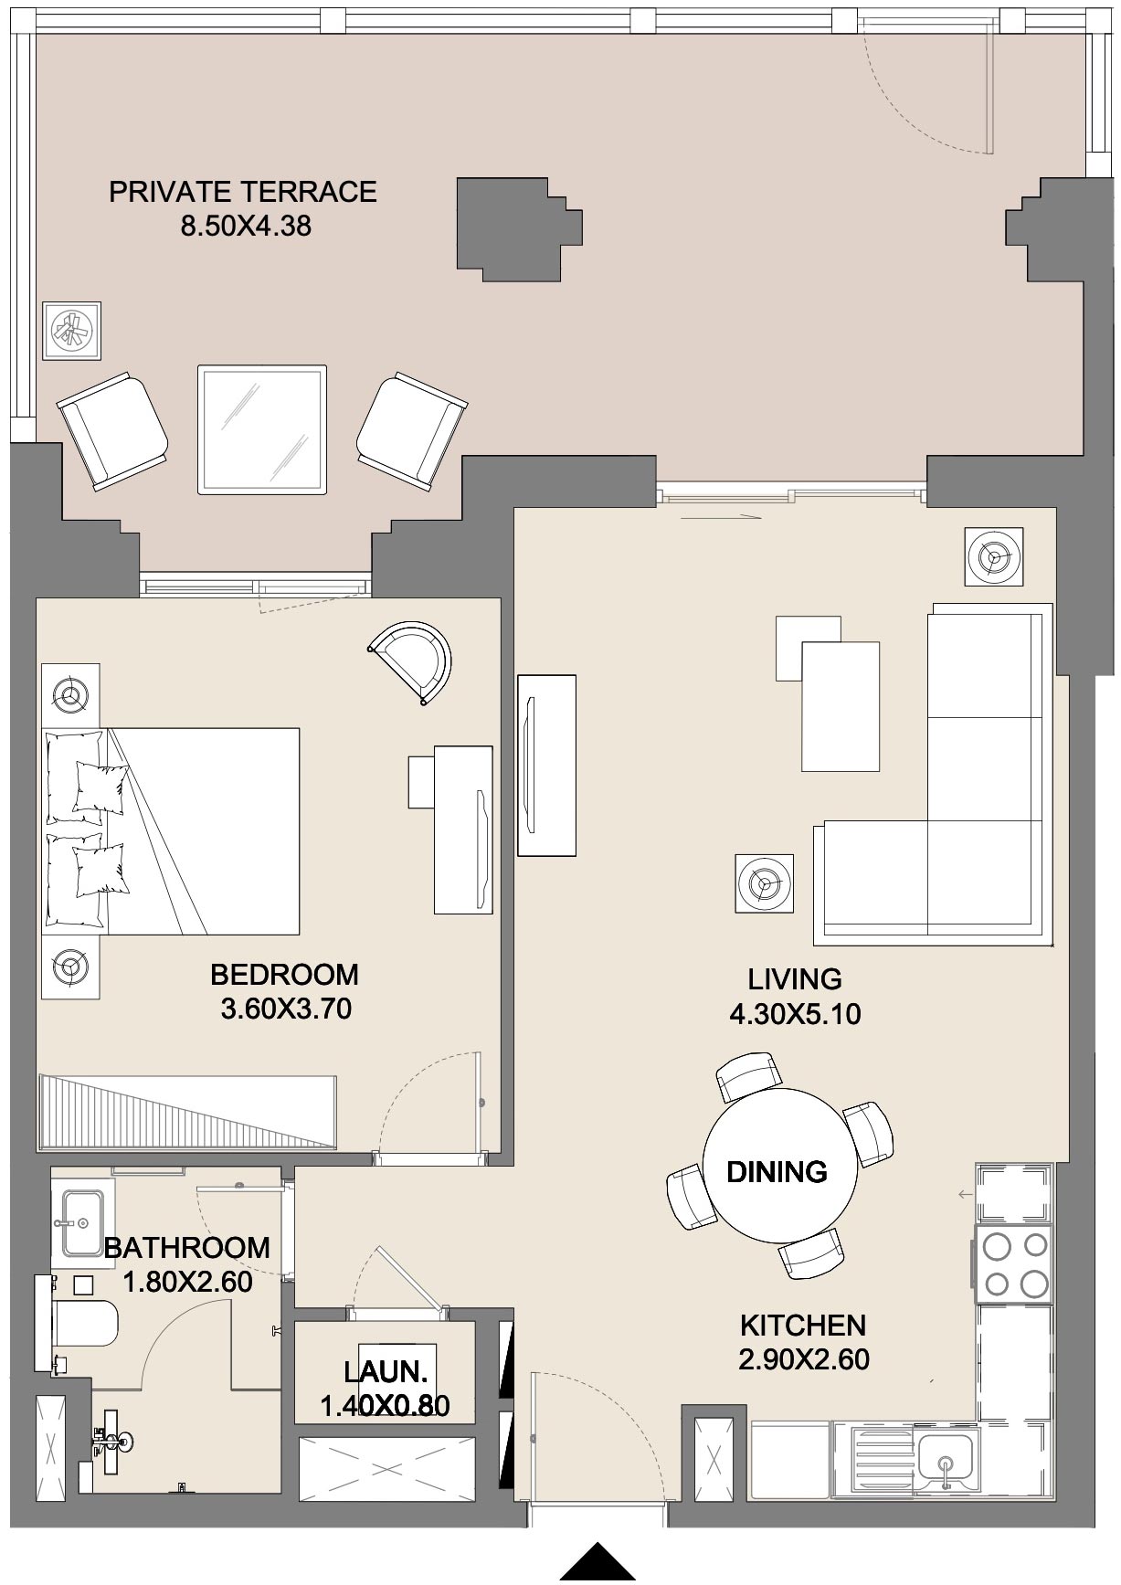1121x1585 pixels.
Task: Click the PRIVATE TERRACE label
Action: pos(242,192)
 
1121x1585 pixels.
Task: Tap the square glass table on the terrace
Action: pos(262,429)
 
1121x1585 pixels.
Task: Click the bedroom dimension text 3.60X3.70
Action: pos(286,1009)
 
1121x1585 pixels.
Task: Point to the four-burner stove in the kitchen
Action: pos(1014,1264)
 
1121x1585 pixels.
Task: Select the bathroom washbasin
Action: pos(82,1222)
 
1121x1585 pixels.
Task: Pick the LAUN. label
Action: pos(386,1372)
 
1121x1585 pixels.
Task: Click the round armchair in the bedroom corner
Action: pos(414,661)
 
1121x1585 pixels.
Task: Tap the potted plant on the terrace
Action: pos(72,331)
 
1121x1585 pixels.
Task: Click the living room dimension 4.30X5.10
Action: pos(794,1014)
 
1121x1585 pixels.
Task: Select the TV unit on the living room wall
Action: pos(546,766)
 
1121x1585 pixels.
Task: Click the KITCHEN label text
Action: pos(802,1325)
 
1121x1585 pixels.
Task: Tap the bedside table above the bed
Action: pos(71,695)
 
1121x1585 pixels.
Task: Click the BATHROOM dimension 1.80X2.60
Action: pos(187,1282)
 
